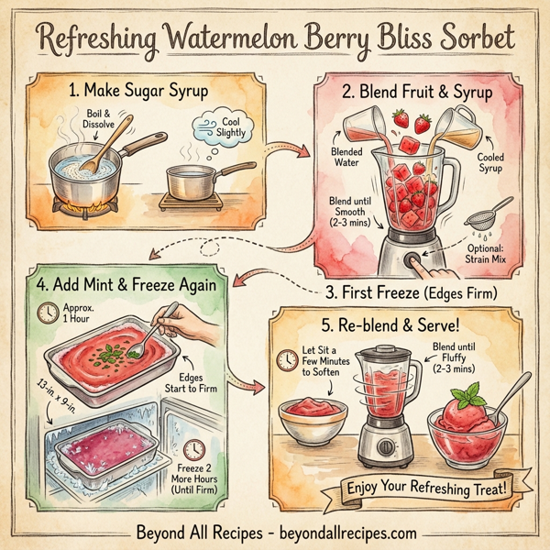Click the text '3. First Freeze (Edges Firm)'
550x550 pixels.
tap(410, 294)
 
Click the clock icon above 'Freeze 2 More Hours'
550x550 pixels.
tap(193, 450)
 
